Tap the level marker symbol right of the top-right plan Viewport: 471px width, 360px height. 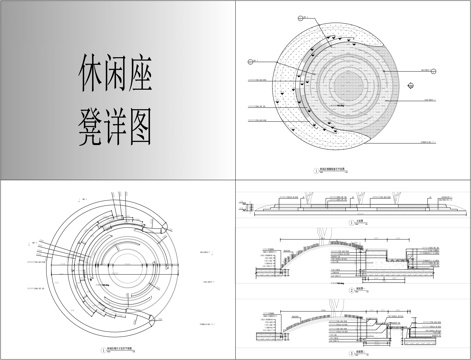[x=432, y=70]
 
